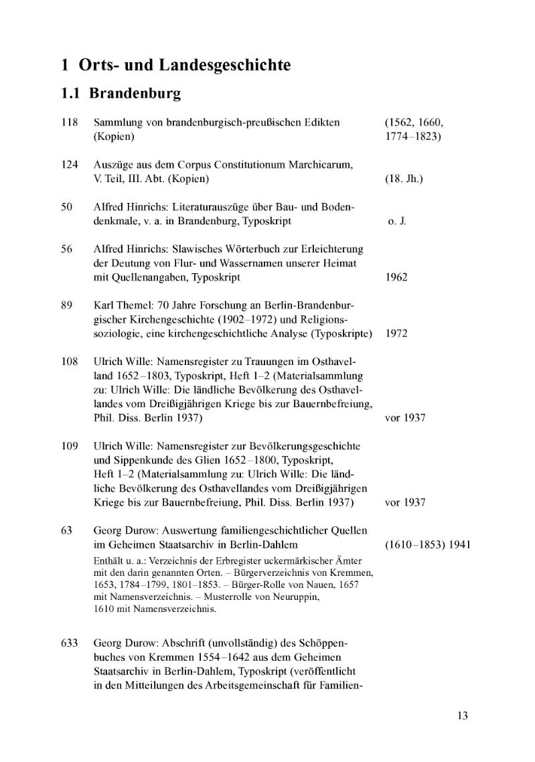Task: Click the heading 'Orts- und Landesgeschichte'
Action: point(185,66)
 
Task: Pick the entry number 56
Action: point(66,249)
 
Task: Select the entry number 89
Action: point(66,305)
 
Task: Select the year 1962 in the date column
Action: point(397,277)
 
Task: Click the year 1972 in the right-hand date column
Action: point(397,333)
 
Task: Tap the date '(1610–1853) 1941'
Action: point(428,545)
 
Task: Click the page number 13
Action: point(463,716)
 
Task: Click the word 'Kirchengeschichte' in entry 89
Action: point(139,319)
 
